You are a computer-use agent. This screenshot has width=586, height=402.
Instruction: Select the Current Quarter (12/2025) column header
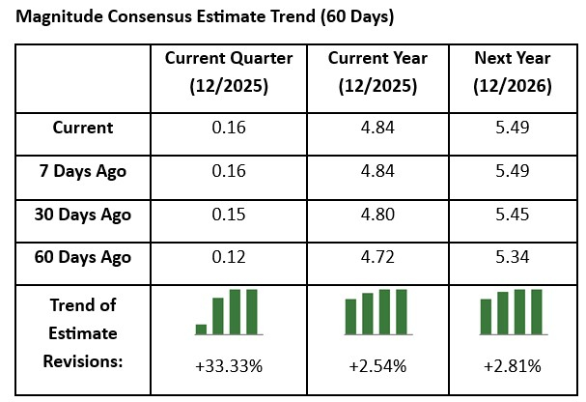tap(228, 72)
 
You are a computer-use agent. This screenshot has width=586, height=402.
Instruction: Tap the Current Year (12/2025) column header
tap(377, 72)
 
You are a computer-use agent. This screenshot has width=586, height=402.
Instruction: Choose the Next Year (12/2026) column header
tap(513, 72)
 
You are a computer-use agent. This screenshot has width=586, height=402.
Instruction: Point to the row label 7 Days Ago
tap(83, 170)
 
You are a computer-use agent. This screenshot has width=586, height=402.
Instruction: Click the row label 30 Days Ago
tap(83, 214)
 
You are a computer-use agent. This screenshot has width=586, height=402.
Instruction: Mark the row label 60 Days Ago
tap(83, 257)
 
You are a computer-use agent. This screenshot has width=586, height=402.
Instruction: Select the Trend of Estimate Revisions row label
tap(83, 332)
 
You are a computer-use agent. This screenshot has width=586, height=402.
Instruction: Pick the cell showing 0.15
tap(228, 214)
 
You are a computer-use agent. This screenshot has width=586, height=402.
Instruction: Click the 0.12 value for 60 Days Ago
tap(228, 257)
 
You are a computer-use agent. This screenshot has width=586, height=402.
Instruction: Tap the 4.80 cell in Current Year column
tap(377, 214)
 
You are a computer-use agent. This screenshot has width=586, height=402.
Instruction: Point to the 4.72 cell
tap(377, 257)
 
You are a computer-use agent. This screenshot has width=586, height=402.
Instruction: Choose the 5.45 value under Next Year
tap(513, 214)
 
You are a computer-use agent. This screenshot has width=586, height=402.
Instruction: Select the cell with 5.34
tap(513, 257)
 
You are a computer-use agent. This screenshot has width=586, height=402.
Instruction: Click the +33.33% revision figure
tap(228, 366)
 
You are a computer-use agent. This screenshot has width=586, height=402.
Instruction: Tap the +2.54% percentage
tap(377, 366)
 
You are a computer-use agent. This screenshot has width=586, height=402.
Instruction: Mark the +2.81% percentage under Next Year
tap(513, 366)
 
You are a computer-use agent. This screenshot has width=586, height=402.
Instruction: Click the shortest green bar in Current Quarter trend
tap(201, 329)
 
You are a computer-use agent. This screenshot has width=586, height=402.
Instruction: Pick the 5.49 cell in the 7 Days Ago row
tap(513, 170)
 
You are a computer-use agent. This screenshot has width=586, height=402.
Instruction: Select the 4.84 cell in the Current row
tap(377, 128)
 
